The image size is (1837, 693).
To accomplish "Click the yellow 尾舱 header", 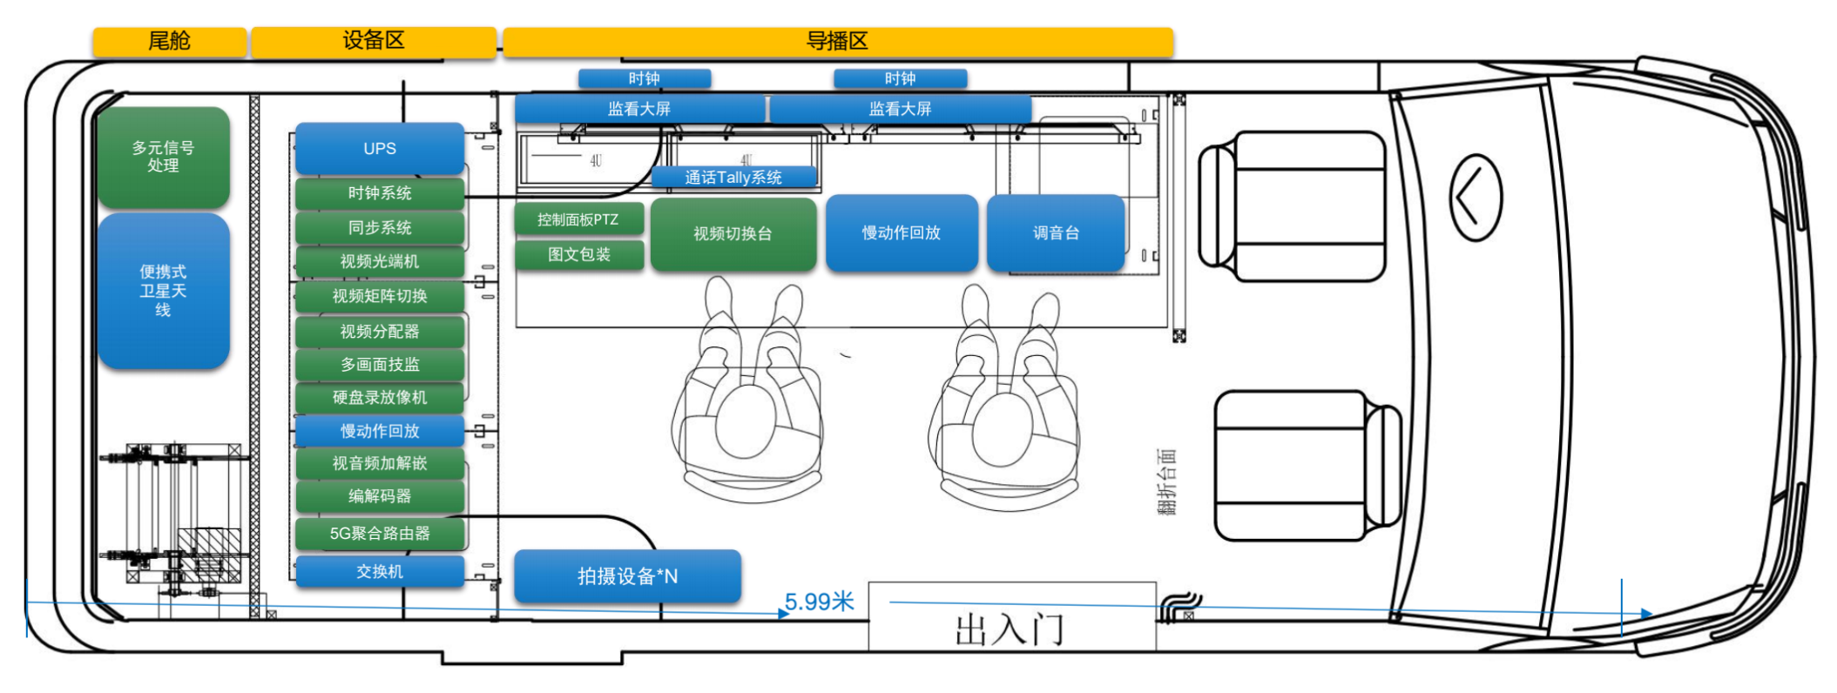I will coord(169,41).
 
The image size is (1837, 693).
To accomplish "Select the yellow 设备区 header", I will coord(373,41).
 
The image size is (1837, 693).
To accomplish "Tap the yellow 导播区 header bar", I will coord(837,41).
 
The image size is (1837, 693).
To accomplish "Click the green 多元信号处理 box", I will coord(163,157).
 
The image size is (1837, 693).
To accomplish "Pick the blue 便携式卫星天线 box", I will coord(163,291).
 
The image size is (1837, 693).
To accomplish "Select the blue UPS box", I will coord(380,149).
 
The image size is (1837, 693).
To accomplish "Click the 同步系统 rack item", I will coord(380,228).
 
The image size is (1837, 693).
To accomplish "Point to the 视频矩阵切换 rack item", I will coord(380,296).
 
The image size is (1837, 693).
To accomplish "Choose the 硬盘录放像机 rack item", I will coord(380,398).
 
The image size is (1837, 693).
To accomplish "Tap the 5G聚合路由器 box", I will coord(380,534).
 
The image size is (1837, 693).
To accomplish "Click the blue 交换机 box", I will coord(380,572).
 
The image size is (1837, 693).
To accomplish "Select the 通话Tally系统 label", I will coord(733,178).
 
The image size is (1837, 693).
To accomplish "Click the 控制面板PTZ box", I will coord(578,219).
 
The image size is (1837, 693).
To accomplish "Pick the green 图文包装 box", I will coord(579,254).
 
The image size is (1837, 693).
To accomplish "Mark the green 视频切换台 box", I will coord(733,233).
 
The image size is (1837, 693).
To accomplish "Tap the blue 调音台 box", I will coord(1056,232).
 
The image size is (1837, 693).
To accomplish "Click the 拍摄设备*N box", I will coord(627,575).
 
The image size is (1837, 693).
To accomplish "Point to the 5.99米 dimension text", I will coord(820,602).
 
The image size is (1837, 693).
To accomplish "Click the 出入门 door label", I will coord(1010,629).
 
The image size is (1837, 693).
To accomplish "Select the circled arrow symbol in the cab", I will coord(1475,198).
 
